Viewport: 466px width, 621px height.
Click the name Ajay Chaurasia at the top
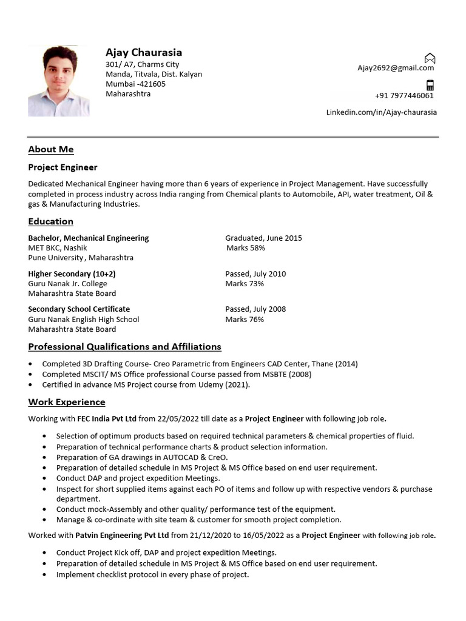coord(144,52)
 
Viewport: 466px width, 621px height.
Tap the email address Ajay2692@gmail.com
coord(395,68)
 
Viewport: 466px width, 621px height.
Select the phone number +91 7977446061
coord(404,96)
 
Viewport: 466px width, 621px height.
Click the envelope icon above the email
coord(430,58)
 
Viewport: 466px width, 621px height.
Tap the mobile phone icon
coord(430,85)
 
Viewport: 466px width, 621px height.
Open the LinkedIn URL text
coord(381,112)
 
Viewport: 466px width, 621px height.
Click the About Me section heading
coord(51,149)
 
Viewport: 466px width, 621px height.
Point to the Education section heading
coord(51,221)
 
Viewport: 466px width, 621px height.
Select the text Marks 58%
coord(245,248)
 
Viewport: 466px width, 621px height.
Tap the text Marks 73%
coord(245,284)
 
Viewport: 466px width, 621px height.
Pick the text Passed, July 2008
coord(255,309)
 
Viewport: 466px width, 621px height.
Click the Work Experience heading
coord(67,402)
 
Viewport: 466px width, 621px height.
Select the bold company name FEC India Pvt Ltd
coord(106,418)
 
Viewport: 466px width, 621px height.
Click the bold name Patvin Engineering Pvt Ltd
coord(122,535)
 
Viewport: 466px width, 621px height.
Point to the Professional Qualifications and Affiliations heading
coord(124,347)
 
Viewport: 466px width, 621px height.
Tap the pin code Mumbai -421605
coord(135,84)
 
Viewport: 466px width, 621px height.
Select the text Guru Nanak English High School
coord(84,320)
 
